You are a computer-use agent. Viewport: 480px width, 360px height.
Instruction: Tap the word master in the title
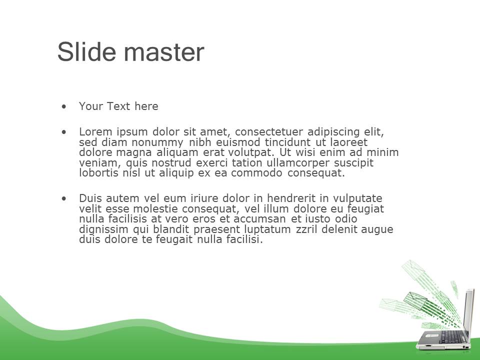tap(164, 52)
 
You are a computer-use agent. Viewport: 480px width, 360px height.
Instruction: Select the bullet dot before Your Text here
tap(63, 106)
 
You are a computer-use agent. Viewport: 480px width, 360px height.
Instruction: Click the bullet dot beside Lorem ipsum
tap(63, 132)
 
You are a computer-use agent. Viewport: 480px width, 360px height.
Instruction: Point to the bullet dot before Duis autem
tap(63, 198)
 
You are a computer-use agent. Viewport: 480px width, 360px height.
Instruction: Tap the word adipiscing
tap(333, 132)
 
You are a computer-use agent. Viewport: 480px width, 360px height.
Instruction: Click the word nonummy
tap(157, 142)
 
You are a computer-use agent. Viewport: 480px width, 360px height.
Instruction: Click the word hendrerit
tap(291, 198)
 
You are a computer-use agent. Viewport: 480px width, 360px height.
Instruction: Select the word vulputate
tap(357, 198)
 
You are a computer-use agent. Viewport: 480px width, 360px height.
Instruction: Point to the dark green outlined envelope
tap(415, 299)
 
